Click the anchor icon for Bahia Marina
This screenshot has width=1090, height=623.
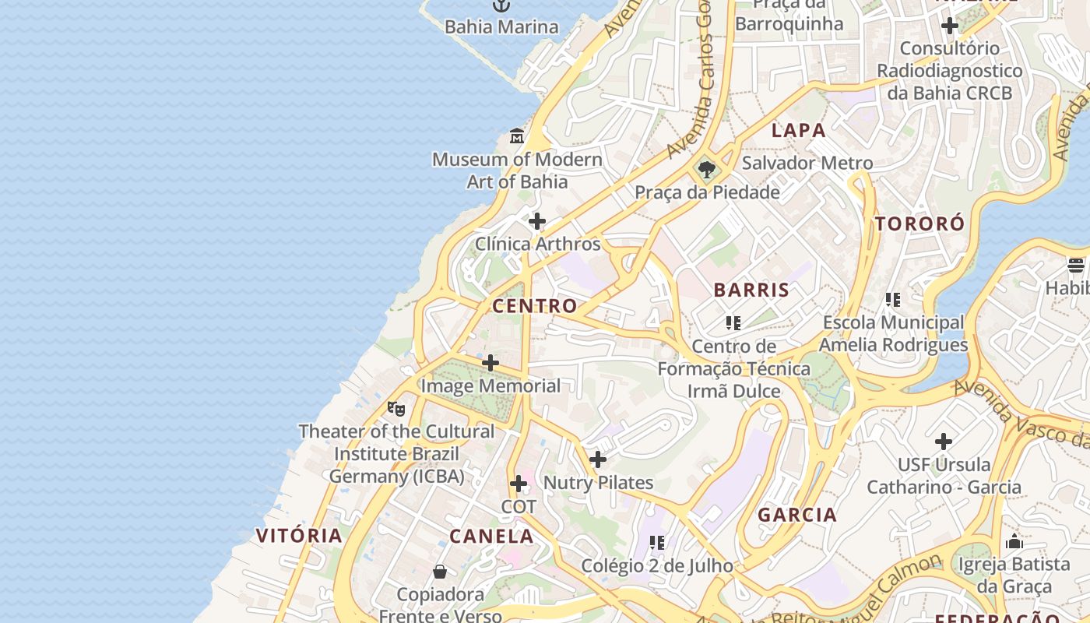[x=501, y=5]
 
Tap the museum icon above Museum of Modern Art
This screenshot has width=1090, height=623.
[x=517, y=137]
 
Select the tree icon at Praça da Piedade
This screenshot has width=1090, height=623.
[x=707, y=169]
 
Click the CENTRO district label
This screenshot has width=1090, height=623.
[x=535, y=306]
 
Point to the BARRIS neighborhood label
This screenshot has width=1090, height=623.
[x=751, y=290]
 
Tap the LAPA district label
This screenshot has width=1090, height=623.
[x=798, y=131]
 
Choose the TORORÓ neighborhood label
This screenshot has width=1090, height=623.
[x=919, y=224]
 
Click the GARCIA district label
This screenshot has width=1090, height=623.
[x=797, y=515]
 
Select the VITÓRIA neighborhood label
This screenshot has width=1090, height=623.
[x=299, y=536]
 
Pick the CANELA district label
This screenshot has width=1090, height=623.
[x=491, y=537]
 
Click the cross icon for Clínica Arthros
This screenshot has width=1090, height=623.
[x=537, y=221]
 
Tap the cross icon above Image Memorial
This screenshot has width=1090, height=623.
[x=490, y=363]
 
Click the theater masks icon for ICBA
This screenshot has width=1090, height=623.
[x=396, y=408]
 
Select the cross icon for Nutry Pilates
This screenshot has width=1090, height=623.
[x=598, y=459]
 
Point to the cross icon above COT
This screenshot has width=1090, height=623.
[x=519, y=484]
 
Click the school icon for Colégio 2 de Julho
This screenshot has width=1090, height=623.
[x=657, y=542]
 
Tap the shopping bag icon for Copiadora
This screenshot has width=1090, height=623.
[x=440, y=572]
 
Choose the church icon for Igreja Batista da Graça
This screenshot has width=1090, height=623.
[x=1014, y=541]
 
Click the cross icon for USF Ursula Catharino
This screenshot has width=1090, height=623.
[x=944, y=442]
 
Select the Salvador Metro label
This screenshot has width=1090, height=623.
[x=807, y=164]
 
